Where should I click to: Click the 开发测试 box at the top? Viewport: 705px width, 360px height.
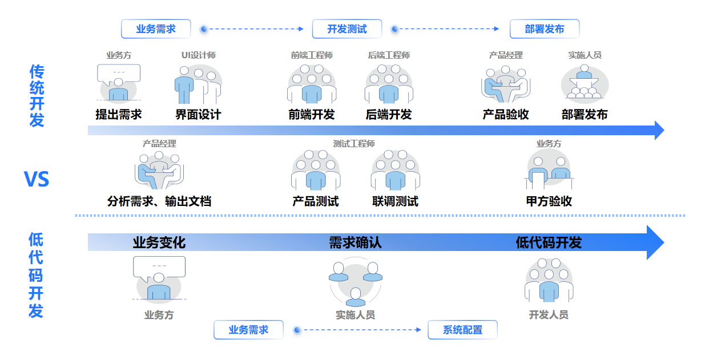(347, 29)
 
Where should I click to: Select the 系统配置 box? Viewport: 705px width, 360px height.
(462, 330)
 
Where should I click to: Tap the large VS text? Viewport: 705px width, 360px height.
(37, 180)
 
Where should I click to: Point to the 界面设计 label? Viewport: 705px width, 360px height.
(198, 115)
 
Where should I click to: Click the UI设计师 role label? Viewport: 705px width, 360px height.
(198, 55)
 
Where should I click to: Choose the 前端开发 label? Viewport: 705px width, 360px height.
(312, 115)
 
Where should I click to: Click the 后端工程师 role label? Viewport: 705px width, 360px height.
(389, 55)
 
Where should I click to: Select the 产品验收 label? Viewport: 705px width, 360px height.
(506, 115)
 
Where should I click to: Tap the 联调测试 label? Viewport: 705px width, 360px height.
(395, 201)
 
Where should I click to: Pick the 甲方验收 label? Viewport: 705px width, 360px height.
(549, 201)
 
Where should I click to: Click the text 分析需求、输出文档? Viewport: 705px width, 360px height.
(159, 201)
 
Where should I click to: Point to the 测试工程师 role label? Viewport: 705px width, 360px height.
(354, 144)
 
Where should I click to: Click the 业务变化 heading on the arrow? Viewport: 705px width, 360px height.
(159, 242)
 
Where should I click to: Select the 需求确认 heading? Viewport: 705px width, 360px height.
(355, 242)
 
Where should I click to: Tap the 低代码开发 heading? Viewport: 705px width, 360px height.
(549, 242)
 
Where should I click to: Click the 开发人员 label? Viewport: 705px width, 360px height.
(549, 315)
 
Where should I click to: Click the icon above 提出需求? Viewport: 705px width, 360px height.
(119, 83)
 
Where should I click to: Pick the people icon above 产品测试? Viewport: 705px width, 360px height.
(316, 171)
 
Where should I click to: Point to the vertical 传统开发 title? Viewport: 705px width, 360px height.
(37, 95)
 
